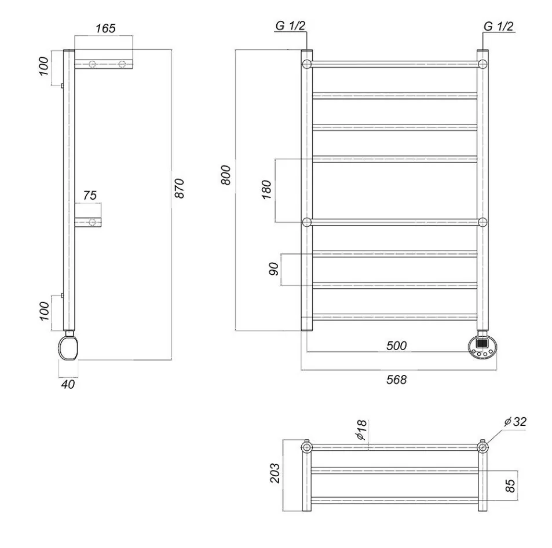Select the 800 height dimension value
click(226, 175)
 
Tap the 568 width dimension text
click(397, 380)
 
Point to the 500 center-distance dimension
click(397, 346)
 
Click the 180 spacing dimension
click(267, 189)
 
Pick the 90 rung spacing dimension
click(275, 269)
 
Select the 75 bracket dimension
click(90, 196)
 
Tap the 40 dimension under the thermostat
click(68, 383)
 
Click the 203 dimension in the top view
click(275, 475)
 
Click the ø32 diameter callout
click(515, 422)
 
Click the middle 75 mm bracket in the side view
click(88, 222)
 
